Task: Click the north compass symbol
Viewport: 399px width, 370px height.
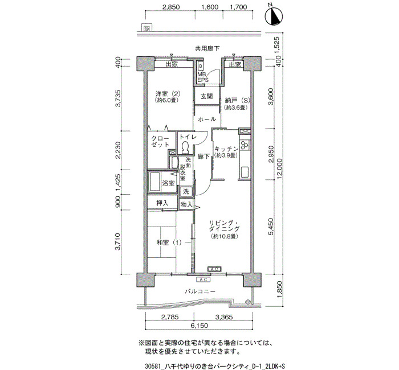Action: pos(274,16)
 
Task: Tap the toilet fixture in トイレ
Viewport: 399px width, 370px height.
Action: pos(185,147)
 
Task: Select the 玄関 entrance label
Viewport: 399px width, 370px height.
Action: pos(206,97)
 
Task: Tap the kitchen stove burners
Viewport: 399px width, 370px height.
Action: pos(245,145)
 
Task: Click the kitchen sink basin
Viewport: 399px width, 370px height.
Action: pos(245,172)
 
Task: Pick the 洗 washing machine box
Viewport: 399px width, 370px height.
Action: pos(186,192)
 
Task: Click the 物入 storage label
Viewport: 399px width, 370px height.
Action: pos(186,204)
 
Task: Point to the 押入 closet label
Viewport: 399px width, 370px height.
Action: pos(162,203)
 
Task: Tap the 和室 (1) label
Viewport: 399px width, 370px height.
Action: pos(169,242)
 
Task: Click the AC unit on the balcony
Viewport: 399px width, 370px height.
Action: pos(203,280)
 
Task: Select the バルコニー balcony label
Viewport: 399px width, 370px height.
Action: pos(200,291)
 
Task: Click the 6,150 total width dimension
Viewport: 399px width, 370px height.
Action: pos(199,326)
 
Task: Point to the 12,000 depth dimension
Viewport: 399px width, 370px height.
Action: pos(280,168)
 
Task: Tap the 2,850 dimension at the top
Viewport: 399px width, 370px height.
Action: pos(171,7)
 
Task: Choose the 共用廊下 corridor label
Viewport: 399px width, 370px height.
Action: pos(207,48)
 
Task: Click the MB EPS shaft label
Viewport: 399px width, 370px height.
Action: pos(203,77)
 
